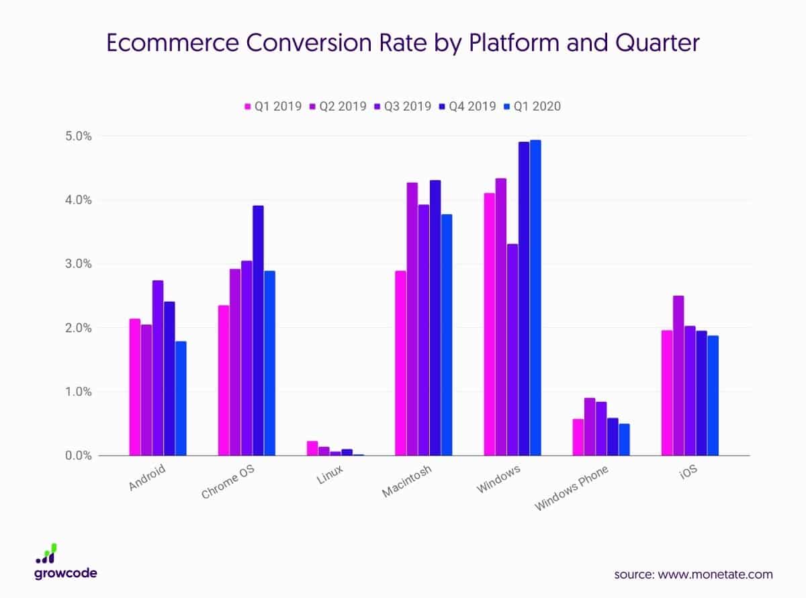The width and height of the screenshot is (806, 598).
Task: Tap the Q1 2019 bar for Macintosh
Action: coord(400,363)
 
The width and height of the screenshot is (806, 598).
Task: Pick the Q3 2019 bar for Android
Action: coord(158,368)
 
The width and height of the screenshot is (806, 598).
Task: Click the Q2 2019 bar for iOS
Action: coord(678,376)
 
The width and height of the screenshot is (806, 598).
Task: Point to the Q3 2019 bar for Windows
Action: coord(512,349)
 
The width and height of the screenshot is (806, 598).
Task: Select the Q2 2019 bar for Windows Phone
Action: coord(590,427)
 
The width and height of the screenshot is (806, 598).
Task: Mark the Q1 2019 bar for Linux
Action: coord(312,448)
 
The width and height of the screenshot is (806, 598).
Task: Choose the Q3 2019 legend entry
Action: coord(405,106)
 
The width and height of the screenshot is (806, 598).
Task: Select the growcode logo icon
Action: coord(46,553)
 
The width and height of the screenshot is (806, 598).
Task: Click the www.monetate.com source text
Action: coord(717,574)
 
